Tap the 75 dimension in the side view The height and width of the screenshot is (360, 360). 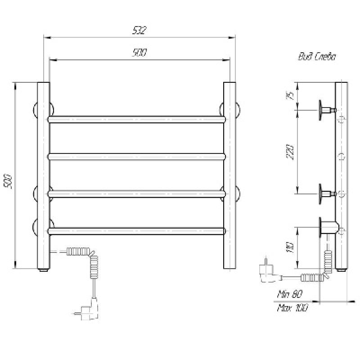290,95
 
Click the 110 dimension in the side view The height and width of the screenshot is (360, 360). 290,247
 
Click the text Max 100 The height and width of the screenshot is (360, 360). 292,308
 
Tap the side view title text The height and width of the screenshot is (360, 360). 316,57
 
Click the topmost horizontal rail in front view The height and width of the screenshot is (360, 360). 137,119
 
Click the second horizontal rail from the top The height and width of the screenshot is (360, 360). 137,157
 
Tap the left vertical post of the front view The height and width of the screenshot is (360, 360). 43,175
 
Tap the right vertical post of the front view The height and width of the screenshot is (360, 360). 229,175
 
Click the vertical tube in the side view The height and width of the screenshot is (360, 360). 342,175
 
